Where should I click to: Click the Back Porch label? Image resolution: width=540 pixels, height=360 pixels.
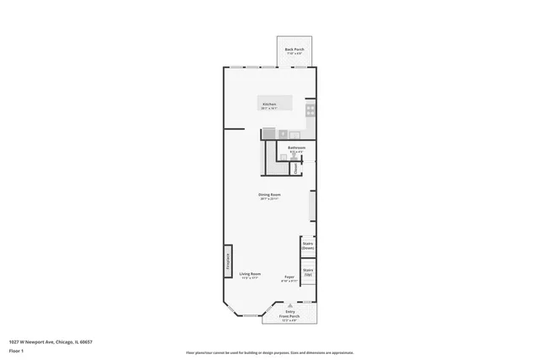click(x=294, y=49)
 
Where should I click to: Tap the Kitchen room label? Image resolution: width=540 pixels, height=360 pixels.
click(x=269, y=105)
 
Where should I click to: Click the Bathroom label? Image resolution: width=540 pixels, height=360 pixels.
click(x=296, y=148)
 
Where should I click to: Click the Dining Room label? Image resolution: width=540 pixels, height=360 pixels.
click(x=269, y=195)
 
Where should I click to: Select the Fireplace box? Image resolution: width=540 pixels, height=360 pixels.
click(x=228, y=261)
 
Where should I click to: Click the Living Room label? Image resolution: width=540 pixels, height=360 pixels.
click(x=250, y=274)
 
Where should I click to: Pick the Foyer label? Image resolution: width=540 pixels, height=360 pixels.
click(x=289, y=275)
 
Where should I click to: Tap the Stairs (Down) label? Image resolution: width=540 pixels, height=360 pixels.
click(x=308, y=246)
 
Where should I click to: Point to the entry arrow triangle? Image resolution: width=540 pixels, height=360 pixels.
click(x=289, y=304)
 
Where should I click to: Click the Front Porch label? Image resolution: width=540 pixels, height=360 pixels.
click(x=289, y=315)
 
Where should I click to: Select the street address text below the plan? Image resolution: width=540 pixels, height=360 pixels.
click(x=51, y=341)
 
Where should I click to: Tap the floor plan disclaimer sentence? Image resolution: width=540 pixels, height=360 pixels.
click(x=269, y=352)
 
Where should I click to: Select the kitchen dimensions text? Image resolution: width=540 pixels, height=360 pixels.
click(x=269, y=109)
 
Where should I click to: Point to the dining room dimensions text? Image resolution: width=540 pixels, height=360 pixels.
click(x=269, y=199)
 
